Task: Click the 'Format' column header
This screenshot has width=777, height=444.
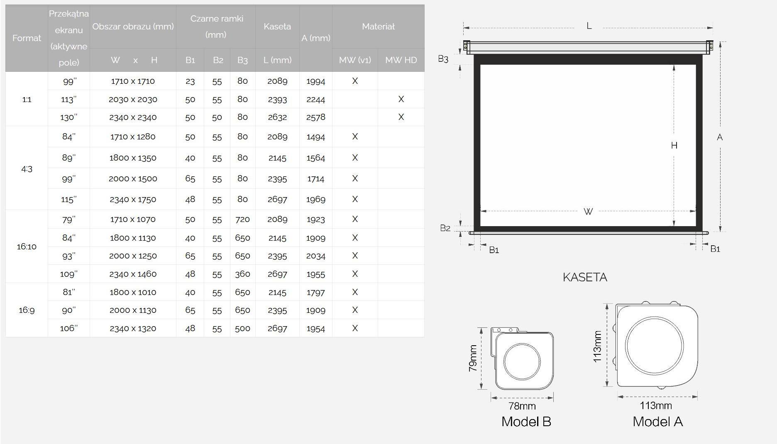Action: click(27, 38)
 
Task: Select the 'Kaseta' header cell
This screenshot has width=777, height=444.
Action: click(277, 27)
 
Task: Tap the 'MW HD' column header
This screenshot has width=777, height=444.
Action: click(401, 60)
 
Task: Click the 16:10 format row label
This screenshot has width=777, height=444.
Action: click(27, 246)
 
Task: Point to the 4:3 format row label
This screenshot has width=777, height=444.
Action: click(27, 169)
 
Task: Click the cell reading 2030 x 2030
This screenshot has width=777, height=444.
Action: click(133, 100)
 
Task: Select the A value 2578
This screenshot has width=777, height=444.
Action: click(316, 117)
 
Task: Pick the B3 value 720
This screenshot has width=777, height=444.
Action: click(242, 220)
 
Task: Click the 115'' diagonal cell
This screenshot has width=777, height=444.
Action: click(68, 200)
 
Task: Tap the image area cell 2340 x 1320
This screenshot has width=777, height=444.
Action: click(133, 329)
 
